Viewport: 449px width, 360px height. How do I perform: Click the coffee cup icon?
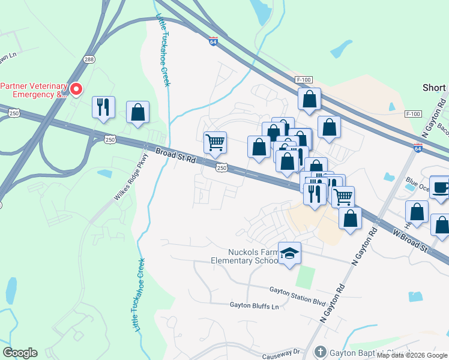pyautogui.click(x=441, y=187)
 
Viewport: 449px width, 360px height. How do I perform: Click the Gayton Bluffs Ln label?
pyautogui.click(x=255, y=305)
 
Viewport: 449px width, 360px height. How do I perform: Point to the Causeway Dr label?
pyautogui.click(x=282, y=353)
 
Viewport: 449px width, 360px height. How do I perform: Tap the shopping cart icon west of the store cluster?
pyautogui.click(x=215, y=143)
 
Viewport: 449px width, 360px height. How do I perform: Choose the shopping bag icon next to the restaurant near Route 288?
pyautogui.click(x=137, y=112)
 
